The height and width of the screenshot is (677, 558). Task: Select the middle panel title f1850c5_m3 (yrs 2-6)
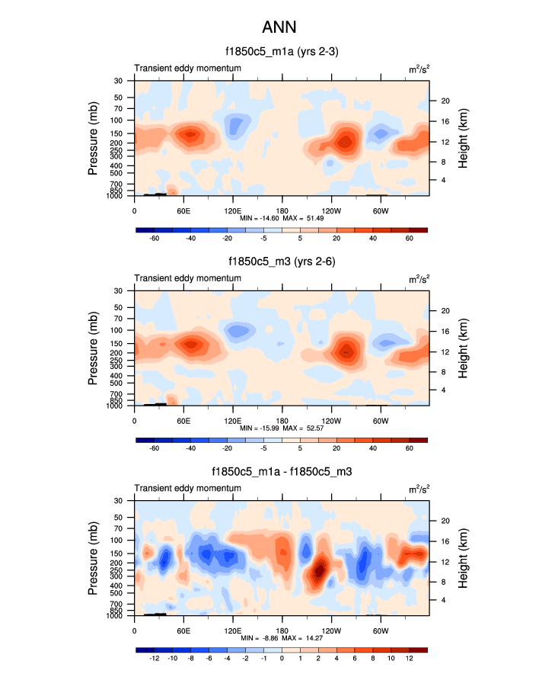(281, 262)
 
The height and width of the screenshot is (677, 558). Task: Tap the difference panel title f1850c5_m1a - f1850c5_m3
(281, 473)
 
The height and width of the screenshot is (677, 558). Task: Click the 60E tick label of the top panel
(183, 210)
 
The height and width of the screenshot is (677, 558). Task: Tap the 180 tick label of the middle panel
(282, 420)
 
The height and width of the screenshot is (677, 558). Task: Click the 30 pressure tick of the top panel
(118, 81)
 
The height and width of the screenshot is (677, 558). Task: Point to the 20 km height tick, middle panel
(445, 310)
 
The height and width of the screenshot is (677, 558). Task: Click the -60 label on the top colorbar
(154, 239)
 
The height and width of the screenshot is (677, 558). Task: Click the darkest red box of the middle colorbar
(418, 440)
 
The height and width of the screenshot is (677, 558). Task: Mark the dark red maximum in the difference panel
(320, 567)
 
